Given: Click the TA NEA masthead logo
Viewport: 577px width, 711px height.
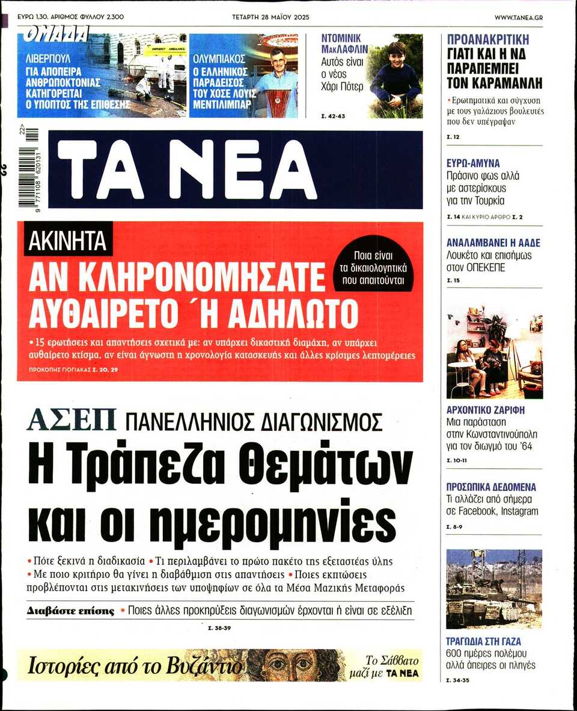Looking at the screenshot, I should (186, 169).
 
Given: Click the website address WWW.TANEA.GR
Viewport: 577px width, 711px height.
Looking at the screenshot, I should (519, 17).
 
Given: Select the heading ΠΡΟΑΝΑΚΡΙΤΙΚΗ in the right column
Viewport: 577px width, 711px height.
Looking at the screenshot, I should (488, 40).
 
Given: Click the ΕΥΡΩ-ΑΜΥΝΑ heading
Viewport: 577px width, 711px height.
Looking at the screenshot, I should (473, 163).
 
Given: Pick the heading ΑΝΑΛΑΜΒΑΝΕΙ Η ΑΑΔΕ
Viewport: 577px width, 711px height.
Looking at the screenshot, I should (493, 243).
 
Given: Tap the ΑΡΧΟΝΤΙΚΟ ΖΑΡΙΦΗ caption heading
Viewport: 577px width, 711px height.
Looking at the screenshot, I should (486, 410).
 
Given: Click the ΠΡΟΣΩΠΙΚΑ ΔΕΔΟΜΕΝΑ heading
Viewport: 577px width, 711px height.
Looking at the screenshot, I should (491, 487).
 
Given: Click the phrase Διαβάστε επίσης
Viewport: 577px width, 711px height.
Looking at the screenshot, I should (70, 611).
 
